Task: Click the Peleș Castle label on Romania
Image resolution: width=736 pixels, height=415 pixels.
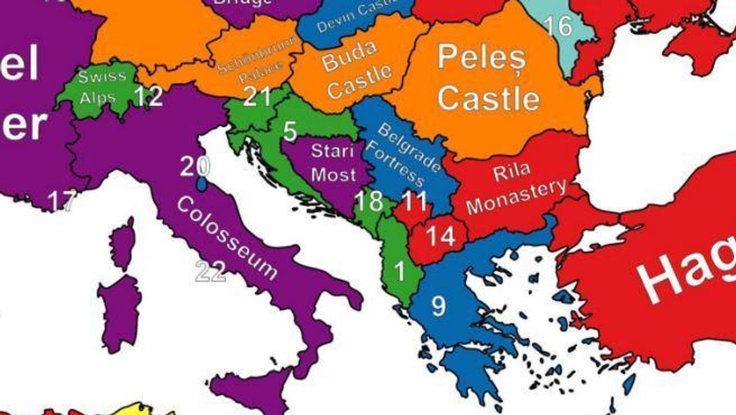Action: (488, 78)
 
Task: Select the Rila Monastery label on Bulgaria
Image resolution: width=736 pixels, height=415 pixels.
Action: (515, 188)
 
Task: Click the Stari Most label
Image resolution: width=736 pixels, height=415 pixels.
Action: (333, 162)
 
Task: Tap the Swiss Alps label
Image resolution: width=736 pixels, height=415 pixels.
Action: (102, 86)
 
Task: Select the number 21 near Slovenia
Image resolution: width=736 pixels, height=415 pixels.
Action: (257, 96)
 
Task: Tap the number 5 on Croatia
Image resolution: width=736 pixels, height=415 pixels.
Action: (290, 131)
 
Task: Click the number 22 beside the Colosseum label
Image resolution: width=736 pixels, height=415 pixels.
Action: (210, 272)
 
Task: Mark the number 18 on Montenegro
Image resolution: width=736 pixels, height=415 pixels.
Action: (369, 202)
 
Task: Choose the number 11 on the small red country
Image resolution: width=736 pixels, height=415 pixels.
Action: (414, 202)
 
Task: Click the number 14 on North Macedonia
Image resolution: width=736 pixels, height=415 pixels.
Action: (440, 236)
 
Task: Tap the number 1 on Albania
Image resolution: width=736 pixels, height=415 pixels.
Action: (400, 271)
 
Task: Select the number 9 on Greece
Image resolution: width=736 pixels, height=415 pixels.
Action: (438, 306)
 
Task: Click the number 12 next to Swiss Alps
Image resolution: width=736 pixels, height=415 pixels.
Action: (148, 96)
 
